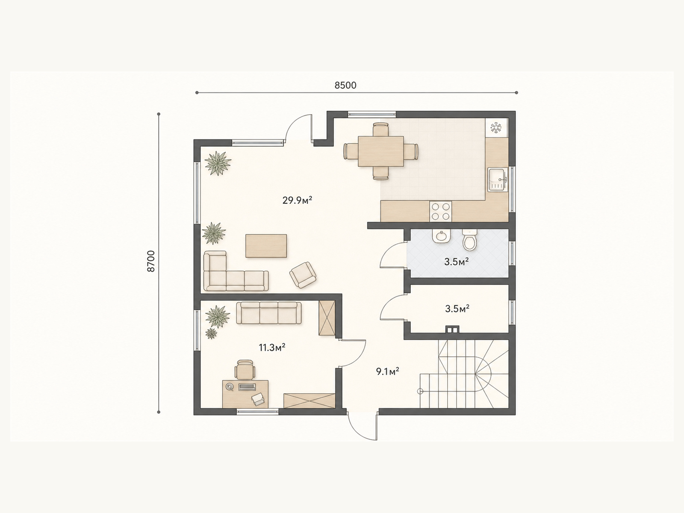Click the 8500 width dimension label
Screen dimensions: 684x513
coord(345,85)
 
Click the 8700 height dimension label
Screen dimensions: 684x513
coord(151,261)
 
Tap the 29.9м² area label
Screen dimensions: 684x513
coord(297,200)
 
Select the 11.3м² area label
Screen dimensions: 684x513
coord(272,347)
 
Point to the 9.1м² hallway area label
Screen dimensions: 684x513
coord(388,371)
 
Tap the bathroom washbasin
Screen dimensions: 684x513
coord(442,236)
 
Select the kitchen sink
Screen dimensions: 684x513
coord(498,180)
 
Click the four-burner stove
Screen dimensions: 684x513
coord(441,212)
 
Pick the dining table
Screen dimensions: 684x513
coord(381,151)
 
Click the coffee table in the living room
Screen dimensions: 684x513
coord(266,246)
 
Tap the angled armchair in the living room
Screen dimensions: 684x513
coord(303,275)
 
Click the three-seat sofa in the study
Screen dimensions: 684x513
coord(269,313)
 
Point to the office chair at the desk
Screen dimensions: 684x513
coord(245,370)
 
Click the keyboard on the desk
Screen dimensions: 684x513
coord(247,387)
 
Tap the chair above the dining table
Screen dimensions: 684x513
coord(381,129)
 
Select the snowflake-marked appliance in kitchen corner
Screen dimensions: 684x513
coord(496,127)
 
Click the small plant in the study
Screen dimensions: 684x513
coord(211,333)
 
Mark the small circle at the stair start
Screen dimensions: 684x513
coord(420,392)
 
